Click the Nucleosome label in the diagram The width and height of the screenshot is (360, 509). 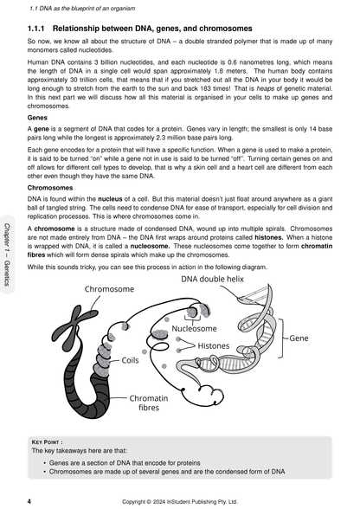195,329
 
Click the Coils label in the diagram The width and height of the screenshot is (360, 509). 130,359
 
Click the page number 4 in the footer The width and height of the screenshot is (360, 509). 30,499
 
